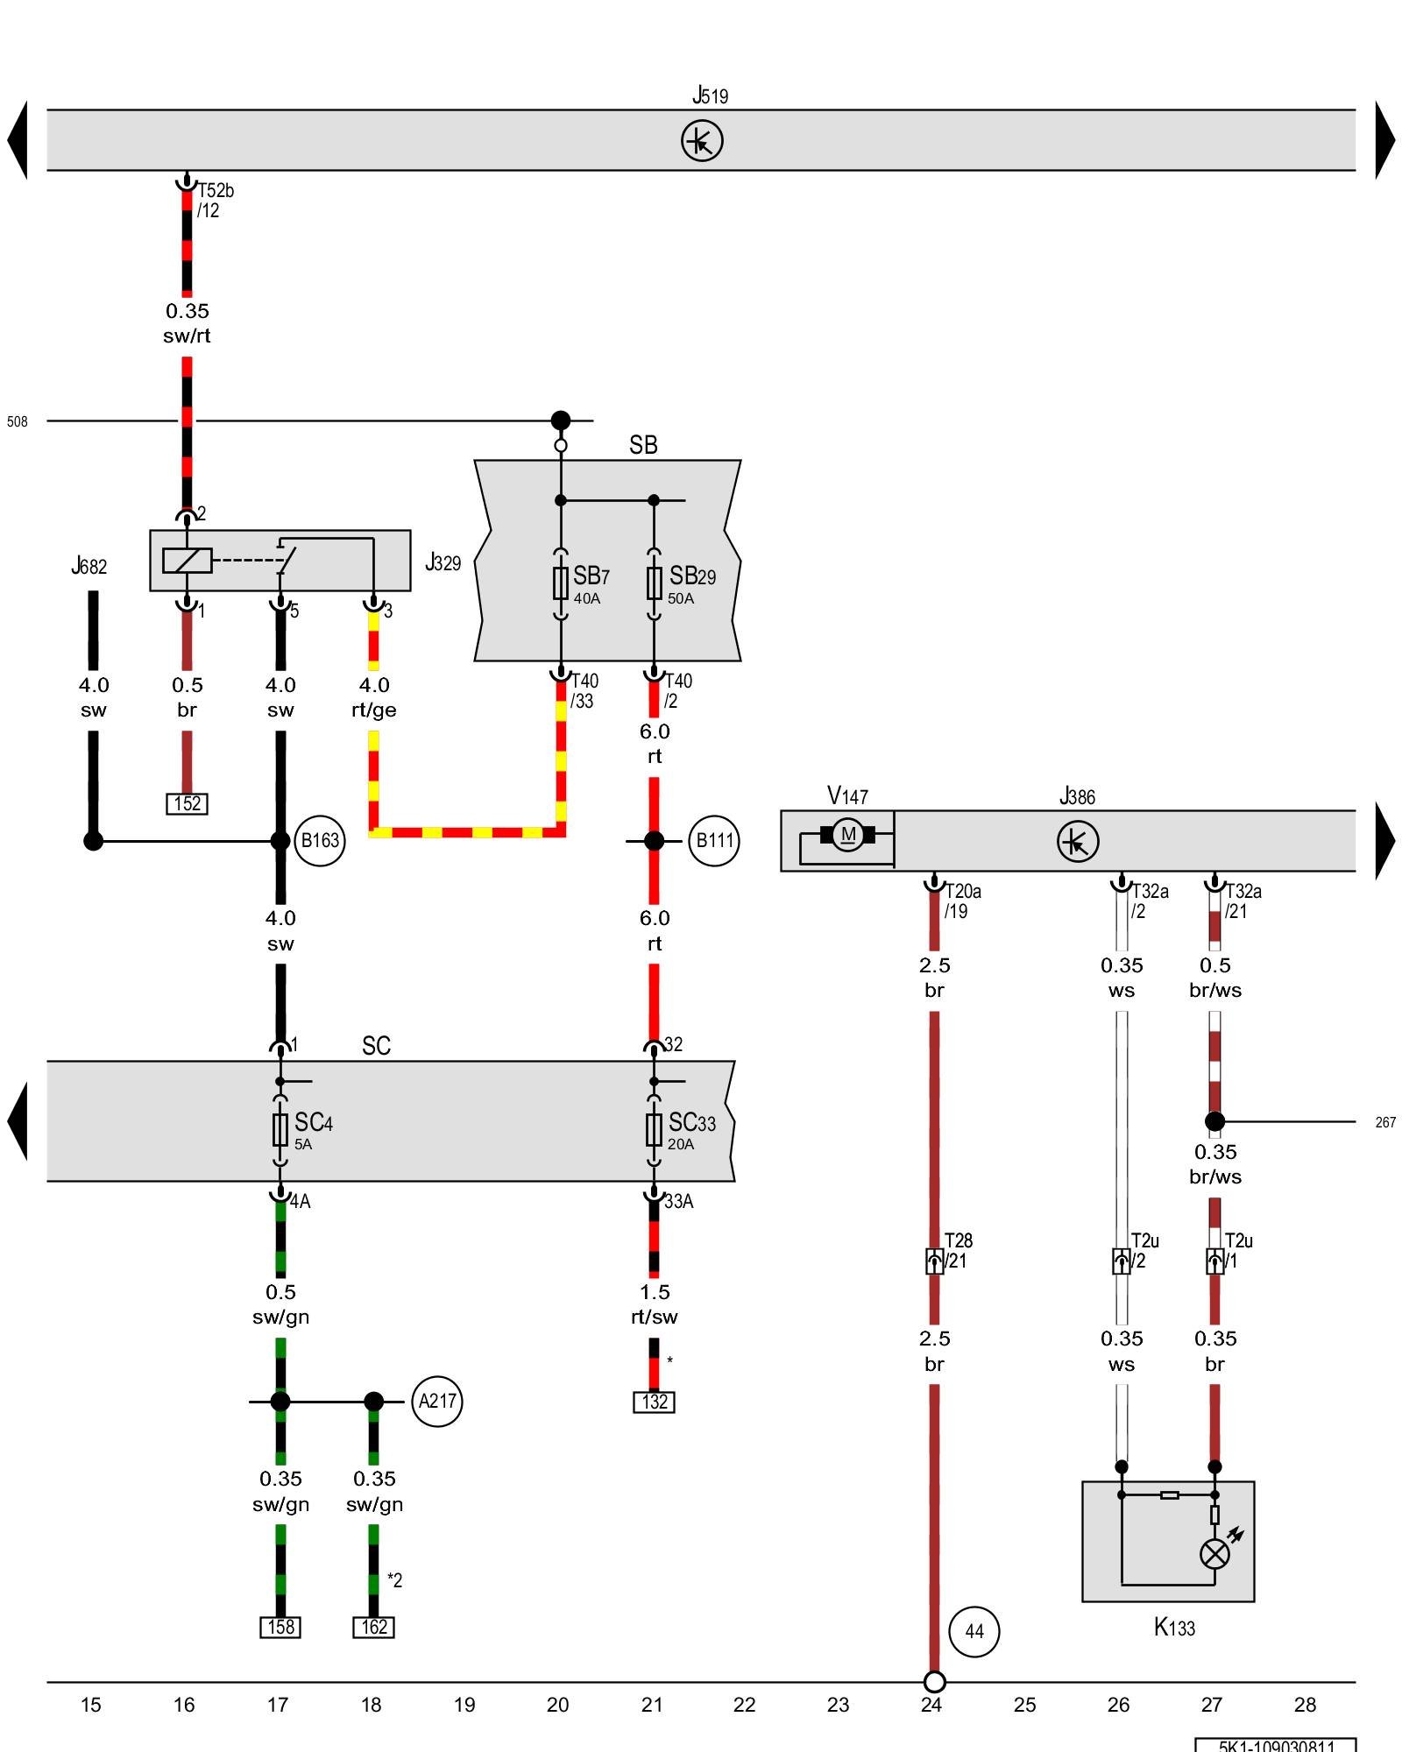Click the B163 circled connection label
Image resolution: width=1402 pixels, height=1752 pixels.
pyautogui.click(x=320, y=841)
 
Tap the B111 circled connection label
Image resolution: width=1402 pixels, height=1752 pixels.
pyautogui.click(x=714, y=841)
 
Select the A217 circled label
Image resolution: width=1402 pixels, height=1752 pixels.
pyautogui.click(x=437, y=1401)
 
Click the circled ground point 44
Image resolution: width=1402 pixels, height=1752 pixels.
pyautogui.click(x=974, y=1631)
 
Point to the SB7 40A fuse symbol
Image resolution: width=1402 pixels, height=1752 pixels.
pyautogui.click(x=561, y=583)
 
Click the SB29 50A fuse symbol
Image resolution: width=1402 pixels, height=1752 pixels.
pyautogui.click(x=654, y=583)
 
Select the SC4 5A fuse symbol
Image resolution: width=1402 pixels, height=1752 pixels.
pyautogui.click(x=280, y=1130)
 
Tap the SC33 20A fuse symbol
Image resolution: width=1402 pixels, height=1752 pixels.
pyautogui.click(x=654, y=1130)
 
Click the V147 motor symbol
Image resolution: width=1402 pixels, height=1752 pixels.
pyautogui.click(x=847, y=835)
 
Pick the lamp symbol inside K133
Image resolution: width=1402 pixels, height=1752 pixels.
pyautogui.click(x=1214, y=1554)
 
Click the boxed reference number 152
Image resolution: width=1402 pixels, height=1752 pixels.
pyautogui.click(x=187, y=803)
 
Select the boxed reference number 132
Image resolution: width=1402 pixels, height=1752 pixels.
pyautogui.click(x=654, y=1402)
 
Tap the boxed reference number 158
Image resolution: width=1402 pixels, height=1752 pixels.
pyautogui.click(x=280, y=1627)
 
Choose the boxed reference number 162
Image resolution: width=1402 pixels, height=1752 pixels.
pyautogui.click(x=373, y=1627)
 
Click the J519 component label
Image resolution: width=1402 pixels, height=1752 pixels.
pyautogui.click(x=710, y=95)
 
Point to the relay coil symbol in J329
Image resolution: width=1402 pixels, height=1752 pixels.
pyautogui.click(x=187, y=560)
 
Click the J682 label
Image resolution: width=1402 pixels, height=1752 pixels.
pyautogui.click(x=89, y=567)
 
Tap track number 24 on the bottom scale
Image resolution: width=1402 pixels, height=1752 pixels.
pyautogui.click(x=931, y=1705)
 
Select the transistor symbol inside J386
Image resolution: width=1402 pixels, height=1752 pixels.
pyautogui.click(x=1077, y=842)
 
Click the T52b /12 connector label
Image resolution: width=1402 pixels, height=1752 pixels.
pyautogui.click(x=215, y=201)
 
